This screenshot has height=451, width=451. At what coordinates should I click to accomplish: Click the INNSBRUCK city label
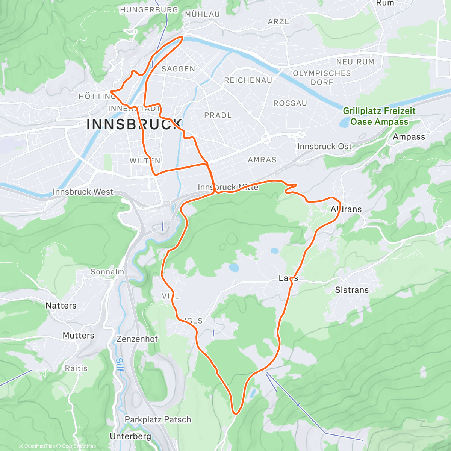click(x=134, y=124)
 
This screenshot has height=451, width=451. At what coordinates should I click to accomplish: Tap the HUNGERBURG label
click(x=149, y=10)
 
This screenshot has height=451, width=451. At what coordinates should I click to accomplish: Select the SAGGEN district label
click(x=178, y=69)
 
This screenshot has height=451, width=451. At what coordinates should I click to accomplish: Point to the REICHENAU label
click(x=248, y=80)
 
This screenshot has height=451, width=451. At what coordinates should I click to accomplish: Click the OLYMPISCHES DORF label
click(x=322, y=78)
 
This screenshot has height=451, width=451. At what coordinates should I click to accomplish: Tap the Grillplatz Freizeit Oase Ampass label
click(x=379, y=116)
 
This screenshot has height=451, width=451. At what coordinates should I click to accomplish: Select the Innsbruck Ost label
click(x=324, y=146)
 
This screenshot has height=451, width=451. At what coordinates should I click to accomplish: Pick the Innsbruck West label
click(x=83, y=192)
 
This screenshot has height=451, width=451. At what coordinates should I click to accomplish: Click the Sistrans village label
click(x=352, y=290)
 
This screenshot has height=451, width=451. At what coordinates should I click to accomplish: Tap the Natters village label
click(x=61, y=306)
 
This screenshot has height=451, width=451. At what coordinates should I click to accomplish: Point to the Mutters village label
click(x=78, y=335)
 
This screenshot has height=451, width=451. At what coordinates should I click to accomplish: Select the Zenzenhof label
click(x=137, y=339)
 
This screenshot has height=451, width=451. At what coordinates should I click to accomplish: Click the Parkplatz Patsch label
click(x=158, y=419)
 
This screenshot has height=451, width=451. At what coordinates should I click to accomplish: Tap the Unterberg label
click(x=130, y=436)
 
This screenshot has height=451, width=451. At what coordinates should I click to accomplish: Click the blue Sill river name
click(x=119, y=365)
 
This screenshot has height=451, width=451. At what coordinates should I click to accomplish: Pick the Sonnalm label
click(x=107, y=272)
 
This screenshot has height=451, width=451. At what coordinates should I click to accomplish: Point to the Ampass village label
click(x=409, y=137)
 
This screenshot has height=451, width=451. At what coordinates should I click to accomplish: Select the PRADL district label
click(x=218, y=115)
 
